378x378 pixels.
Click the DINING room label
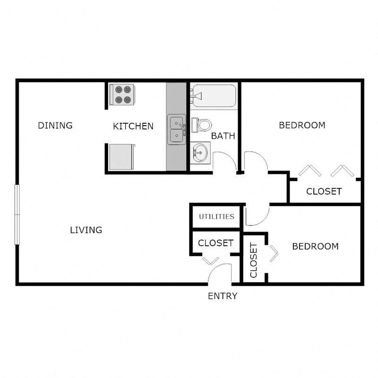tap(55, 125)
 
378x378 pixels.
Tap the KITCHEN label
tap(133, 126)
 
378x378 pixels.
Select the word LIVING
tap(86, 230)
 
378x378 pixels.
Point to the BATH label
tap(223, 136)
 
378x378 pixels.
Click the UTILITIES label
tap(216, 216)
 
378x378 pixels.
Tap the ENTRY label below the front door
tap(223, 296)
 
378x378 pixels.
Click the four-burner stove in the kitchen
tap(122, 94)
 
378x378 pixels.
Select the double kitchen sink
tap(177, 129)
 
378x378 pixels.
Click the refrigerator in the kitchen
tap(121, 157)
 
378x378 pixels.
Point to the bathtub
tap(214, 96)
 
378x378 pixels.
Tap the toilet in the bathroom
tap(201, 125)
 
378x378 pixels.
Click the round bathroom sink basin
tap(200, 153)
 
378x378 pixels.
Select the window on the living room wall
tap(17, 215)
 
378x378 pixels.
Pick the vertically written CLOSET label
tap(254, 260)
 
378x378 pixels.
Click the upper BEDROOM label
tap(302, 125)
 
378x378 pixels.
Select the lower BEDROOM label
tap(315, 246)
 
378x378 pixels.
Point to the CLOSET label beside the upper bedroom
tap(324, 191)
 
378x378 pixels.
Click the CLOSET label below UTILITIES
tap(215, 243)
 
